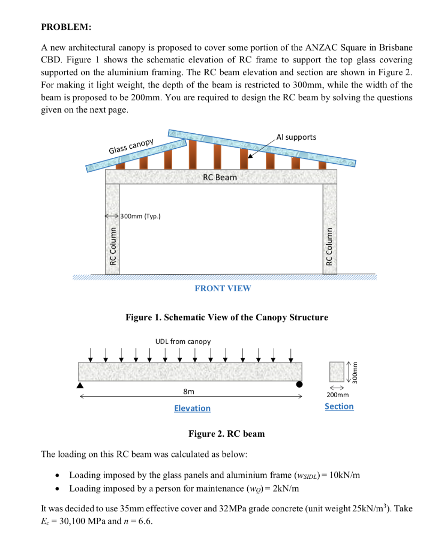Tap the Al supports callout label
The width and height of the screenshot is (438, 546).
click(296, 137)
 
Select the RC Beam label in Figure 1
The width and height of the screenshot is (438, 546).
click(220, 177)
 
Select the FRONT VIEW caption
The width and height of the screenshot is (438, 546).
click(223, 288)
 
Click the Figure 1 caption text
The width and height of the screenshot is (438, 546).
click(226, 317)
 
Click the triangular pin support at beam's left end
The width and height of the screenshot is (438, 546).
click(80, 384)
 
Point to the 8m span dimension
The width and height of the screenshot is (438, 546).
click(188, 392)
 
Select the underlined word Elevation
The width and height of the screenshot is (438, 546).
click(192, 408)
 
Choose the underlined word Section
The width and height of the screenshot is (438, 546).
click(339, 406)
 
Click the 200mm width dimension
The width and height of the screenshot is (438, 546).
click(338, 396)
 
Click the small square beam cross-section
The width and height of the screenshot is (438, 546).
click(337, 370)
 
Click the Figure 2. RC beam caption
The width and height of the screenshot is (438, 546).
click(226, 433)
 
